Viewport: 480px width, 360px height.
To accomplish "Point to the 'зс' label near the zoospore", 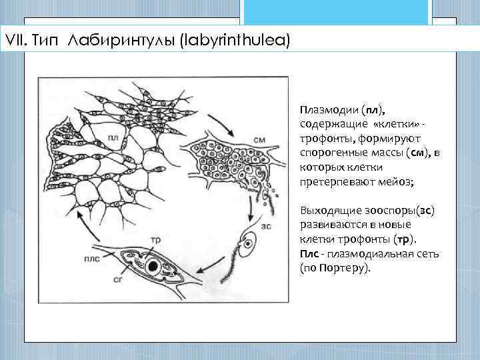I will click(x=266, y=226).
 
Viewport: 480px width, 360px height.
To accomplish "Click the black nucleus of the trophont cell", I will click(x=153, y=267).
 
